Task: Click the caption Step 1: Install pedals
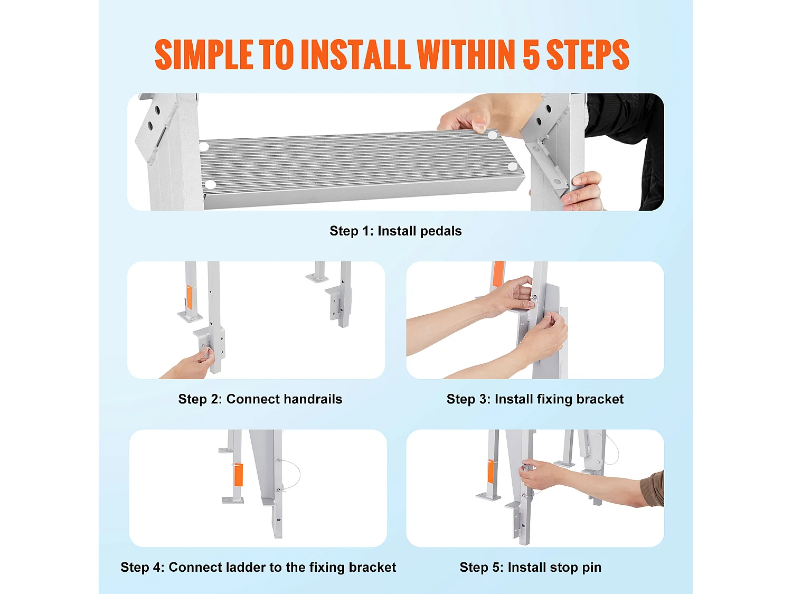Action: [x=395, y=231]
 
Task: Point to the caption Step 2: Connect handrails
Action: [x=260, y=399]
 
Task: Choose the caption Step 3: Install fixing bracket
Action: [x=535, y=399]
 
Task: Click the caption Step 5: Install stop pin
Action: [x=531, y=567]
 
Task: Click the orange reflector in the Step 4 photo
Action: [x=238, y=475]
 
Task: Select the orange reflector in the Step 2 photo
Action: [x=190, y=296]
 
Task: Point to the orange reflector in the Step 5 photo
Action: [x=491, y=472]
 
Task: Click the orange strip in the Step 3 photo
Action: [x=498, y=274]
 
